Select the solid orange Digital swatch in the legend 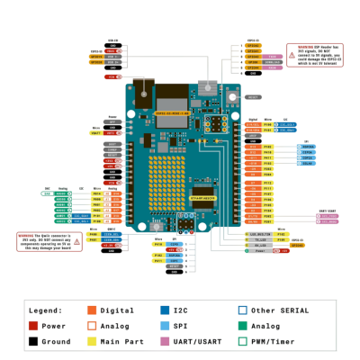click(92, 310)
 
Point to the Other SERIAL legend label click(278, 310)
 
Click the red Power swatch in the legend click(33, 326)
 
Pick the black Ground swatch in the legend click(33, 342)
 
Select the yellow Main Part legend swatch click(92, 342)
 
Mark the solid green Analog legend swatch click(242, 326)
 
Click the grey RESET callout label click(253, 96)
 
